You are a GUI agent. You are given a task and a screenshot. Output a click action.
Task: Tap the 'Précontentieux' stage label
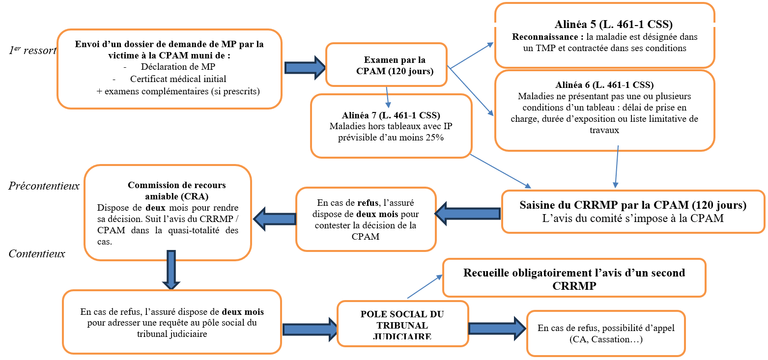tap(44, 186)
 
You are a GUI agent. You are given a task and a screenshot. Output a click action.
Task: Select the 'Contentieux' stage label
tap(37, 254)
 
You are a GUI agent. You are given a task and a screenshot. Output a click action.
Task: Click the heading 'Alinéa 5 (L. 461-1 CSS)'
tap(613, 25)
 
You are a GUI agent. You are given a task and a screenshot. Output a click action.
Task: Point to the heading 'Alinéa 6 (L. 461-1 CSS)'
tap(604, 85)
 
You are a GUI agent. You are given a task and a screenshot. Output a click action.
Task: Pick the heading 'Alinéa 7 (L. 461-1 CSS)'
tap(391, 116)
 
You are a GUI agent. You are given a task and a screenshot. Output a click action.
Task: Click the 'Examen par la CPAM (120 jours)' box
tap(387, 65)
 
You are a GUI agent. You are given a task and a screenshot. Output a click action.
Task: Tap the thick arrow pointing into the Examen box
tap(304, 67)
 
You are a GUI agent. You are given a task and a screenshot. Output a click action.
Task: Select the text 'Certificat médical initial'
tap(178, 79)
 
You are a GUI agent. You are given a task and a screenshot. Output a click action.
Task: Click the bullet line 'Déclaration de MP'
tap(178, 66)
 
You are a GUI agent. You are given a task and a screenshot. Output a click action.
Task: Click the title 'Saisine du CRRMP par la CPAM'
tap(632, 205)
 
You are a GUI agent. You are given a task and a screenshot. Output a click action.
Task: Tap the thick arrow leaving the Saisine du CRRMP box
tap(467, 214)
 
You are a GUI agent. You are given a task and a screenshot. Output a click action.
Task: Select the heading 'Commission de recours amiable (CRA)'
tap(176, 191)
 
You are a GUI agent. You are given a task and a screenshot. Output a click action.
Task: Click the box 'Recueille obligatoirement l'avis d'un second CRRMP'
tap(574, 279)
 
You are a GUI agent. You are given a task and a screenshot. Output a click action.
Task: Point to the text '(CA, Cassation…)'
tap(605, 339)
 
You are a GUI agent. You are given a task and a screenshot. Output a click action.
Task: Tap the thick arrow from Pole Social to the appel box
tap(497, 328)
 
